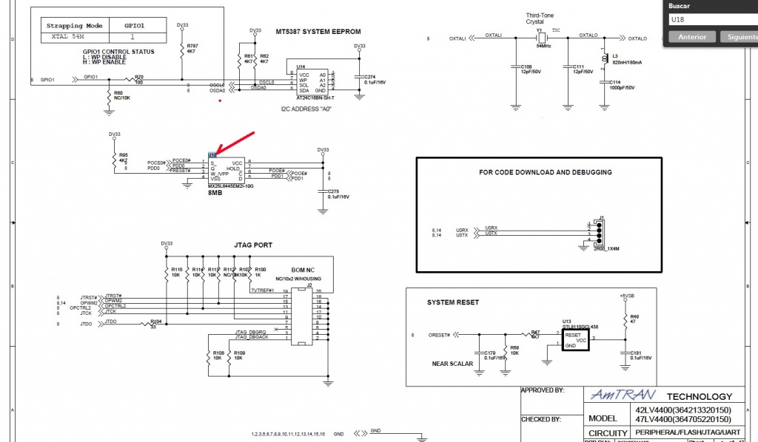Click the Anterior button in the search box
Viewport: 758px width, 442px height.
tap(692, 36)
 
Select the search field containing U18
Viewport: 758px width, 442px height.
tap(711, 19)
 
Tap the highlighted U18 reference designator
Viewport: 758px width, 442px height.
tap(212, 155)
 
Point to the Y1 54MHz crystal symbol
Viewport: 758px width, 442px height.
tap(541, 37)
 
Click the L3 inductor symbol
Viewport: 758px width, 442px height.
tap(607, 58)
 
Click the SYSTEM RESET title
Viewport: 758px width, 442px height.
tap(453, 302)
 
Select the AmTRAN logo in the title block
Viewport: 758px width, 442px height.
tap(614, 396)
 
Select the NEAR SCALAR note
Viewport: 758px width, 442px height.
tap(452, 364)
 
